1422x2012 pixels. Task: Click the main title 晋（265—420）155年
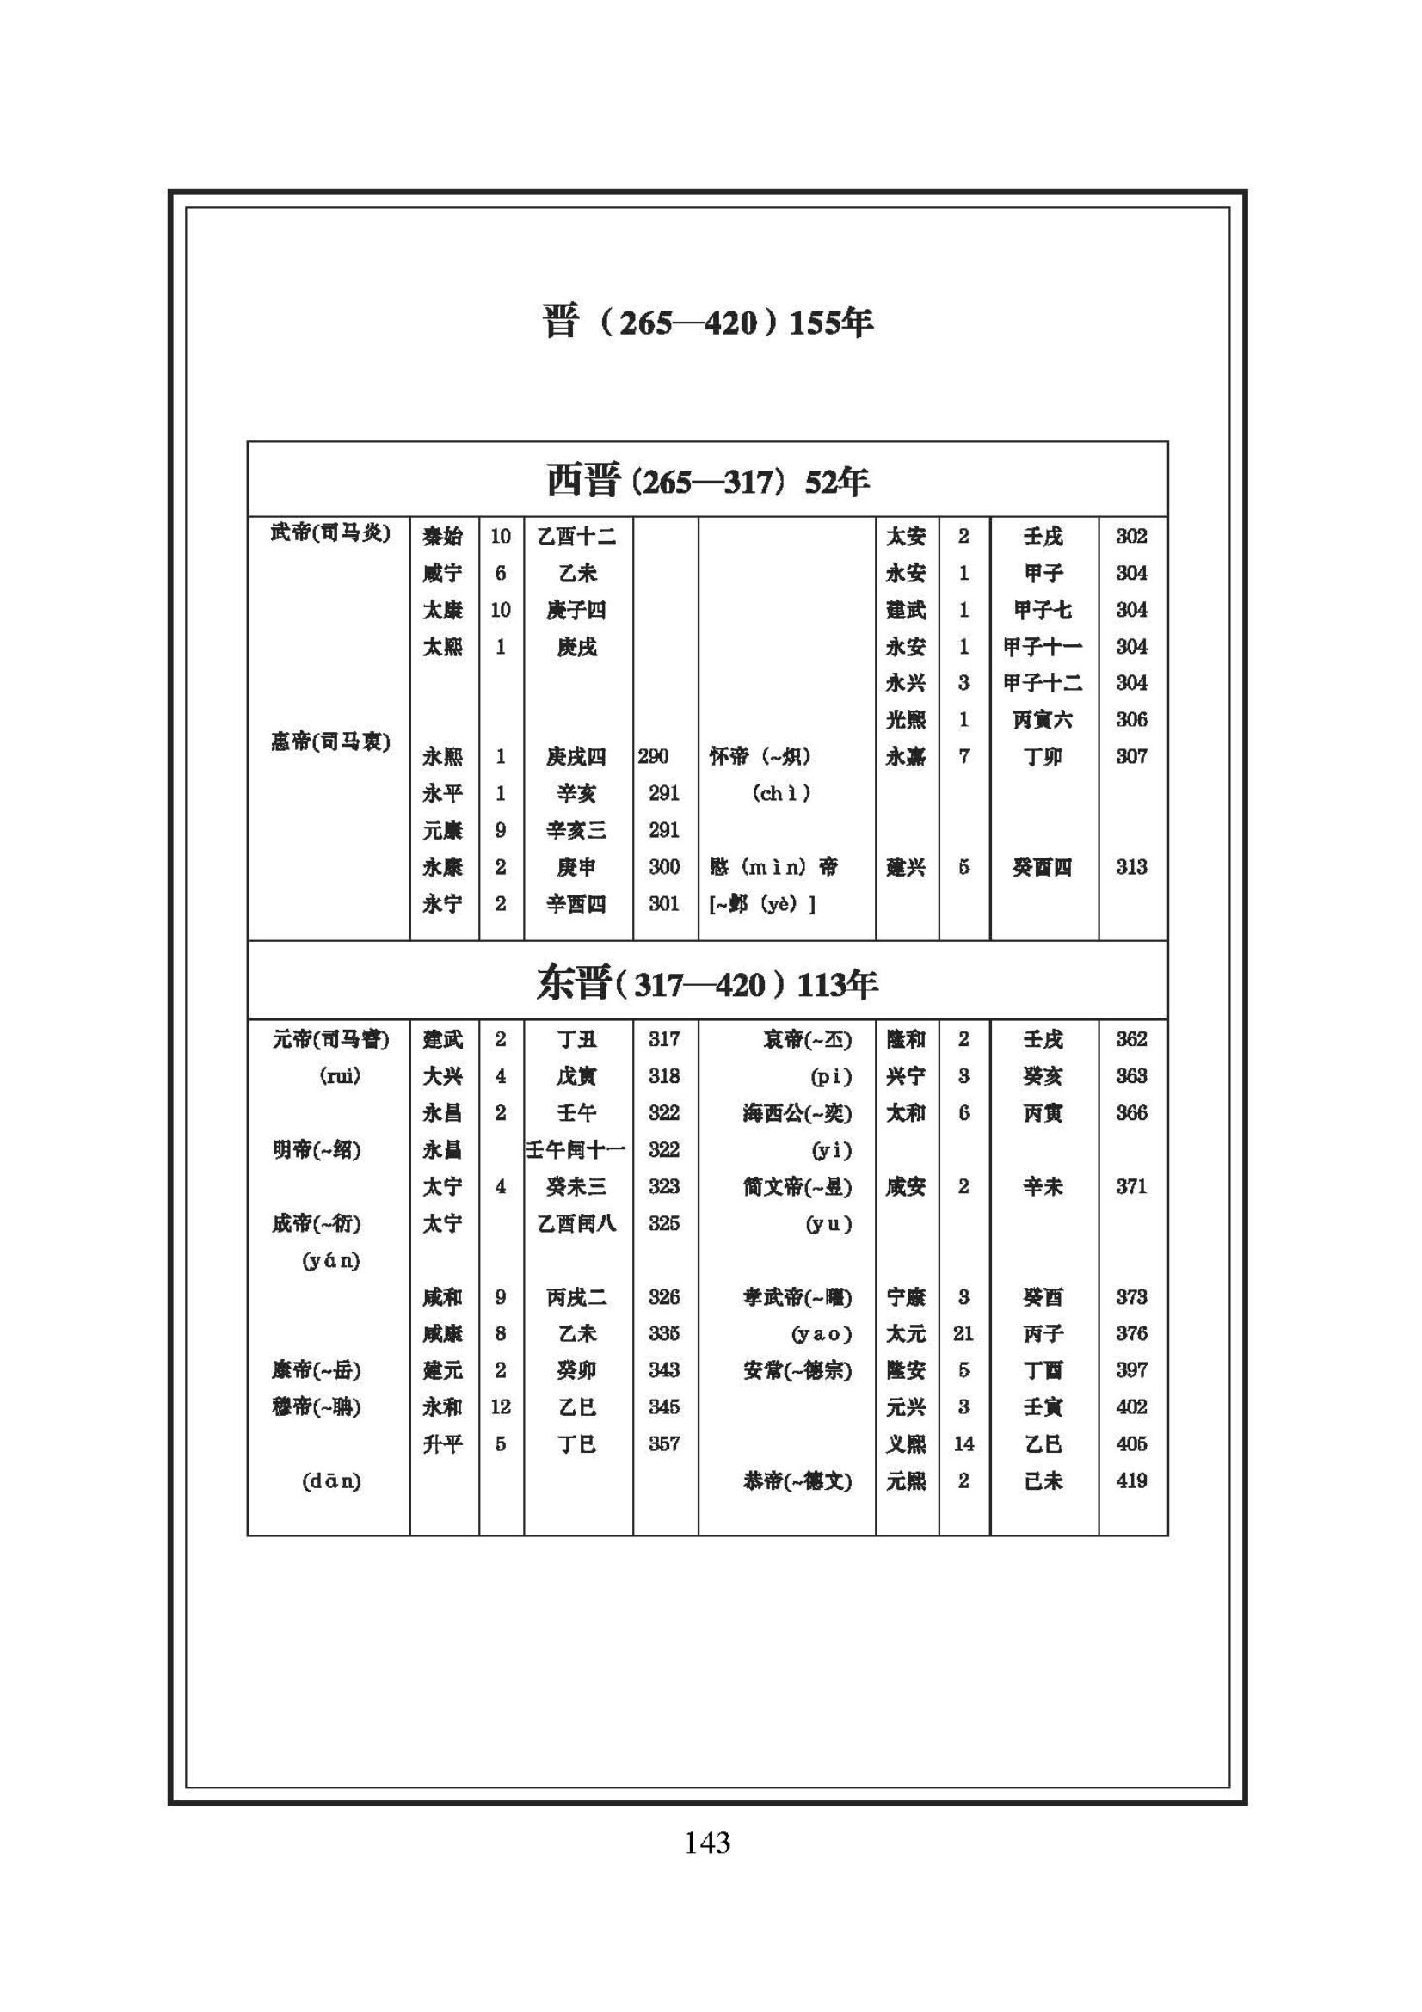(x=707, y=323)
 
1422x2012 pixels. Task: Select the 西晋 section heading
(x=707, y=481)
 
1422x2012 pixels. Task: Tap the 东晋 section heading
(x=707, y=984)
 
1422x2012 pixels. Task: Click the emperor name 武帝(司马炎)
(x=329, y=532)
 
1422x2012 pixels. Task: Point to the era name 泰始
(x=442, y=535)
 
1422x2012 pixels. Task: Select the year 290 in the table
(x=653, y=756)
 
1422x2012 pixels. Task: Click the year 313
(x=1130, y=867)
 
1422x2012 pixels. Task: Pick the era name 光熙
(x=905, y=719)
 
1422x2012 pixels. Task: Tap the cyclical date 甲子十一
(x=1043, y=647)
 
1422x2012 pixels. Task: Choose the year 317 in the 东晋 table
(x=664, y=1039)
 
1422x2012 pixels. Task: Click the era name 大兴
(x=442, y=1076)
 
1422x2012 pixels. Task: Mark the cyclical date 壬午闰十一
(x=576, y=1150)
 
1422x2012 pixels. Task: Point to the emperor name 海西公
(x=797, y=1113)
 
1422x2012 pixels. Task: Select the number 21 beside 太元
(x=963, y=1334)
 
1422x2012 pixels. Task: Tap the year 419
(x=1130, y=1481)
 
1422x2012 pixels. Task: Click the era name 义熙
(x=905, y=1444)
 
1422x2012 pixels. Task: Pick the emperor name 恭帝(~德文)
(x=797, y=1481)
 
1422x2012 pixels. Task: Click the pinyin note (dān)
(x=331, y=1482)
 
